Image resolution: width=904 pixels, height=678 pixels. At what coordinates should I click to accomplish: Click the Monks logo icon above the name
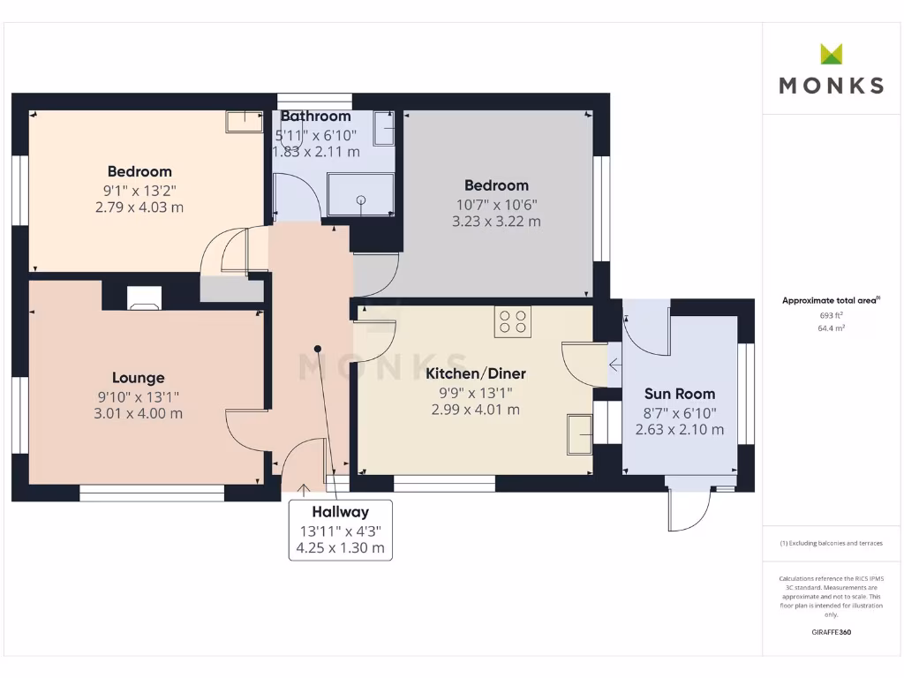[832, 54]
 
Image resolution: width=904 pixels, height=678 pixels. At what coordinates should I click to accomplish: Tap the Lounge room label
[138, 378]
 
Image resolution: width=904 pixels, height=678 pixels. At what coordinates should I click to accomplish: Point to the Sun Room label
[680, 394]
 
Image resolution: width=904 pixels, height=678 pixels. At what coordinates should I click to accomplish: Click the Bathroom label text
[315, 116]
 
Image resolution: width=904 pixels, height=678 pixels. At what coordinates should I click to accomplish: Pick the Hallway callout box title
[340, 512]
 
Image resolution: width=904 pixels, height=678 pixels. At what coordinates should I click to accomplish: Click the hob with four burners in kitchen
[512, 321]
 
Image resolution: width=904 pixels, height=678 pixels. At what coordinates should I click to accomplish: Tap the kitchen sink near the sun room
[580, 433]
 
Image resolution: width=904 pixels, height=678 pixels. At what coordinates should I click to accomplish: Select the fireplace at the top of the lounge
[144, 298]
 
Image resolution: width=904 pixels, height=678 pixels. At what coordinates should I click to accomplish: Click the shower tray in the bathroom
[360, 194]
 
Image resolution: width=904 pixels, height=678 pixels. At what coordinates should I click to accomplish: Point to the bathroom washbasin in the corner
[384, 128]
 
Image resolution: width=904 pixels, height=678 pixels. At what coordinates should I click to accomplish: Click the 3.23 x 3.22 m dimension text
[496, 221]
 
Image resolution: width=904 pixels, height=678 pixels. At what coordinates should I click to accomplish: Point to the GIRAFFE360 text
[831, 632]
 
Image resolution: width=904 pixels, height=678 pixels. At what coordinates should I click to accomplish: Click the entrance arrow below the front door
[304, 488]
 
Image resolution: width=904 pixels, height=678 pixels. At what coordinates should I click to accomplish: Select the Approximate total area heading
[830, 301]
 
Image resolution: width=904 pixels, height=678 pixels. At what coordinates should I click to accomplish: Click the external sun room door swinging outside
[689, 510]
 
